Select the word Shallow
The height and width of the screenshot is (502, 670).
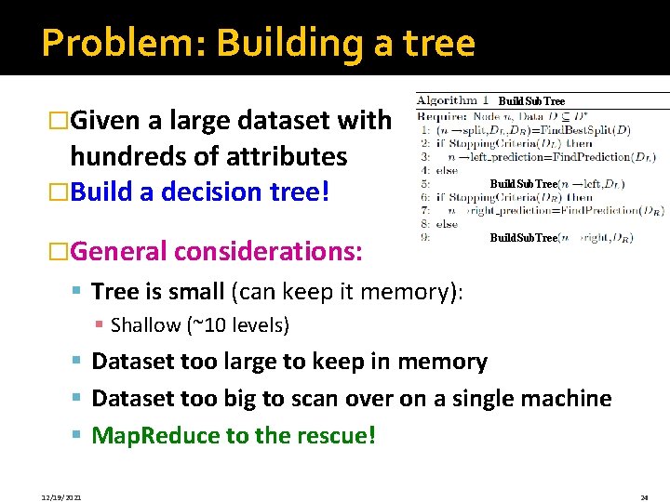(145, 325)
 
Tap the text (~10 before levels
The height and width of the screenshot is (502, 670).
(212, 325)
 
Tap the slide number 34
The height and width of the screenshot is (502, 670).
(644, 497)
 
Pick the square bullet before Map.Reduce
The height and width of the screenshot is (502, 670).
(78, 435)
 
